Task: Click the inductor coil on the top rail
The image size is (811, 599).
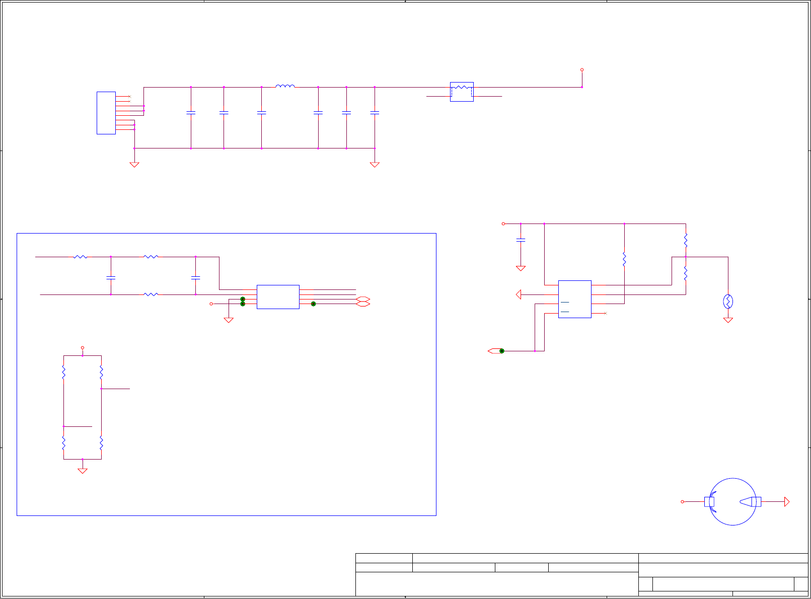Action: [x=285, y=86]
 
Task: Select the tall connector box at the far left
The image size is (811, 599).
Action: [x=106, y=113]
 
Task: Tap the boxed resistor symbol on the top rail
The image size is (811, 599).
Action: [x=462, y=91]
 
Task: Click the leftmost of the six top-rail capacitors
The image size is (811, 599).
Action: [x=191, y=113]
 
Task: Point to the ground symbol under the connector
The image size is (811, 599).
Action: [x=134, y=164]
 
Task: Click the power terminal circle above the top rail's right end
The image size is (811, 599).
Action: [x=582, y=70]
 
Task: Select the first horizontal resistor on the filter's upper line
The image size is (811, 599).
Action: [x=81, y=257]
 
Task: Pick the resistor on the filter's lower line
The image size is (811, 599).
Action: [x=151, y=294]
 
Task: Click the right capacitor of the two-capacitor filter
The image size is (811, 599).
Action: [x=196, y=277]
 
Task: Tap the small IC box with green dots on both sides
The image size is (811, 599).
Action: [x=278, y=297]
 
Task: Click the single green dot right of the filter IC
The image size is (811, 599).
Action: [x=313, y=304]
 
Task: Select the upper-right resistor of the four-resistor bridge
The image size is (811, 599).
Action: [x=101, y=372]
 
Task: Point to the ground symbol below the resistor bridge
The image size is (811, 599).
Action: [x=83, y=471]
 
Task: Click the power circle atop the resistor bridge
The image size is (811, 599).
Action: [x=83, y=348]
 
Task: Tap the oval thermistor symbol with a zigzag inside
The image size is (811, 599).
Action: [x=728, y=302]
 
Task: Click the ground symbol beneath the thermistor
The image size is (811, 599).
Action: [x=728, y=320]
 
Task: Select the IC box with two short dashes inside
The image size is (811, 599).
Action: [x=574, y=299]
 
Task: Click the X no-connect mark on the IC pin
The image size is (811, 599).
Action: [x=606, y=313]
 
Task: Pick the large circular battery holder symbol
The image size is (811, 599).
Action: [x=732, y=502]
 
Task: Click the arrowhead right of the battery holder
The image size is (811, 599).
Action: [x=787, y=502]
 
